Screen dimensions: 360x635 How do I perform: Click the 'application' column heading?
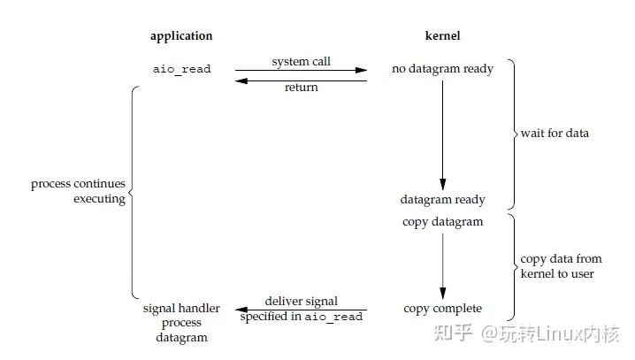pyautogui.click(x=181, y=36)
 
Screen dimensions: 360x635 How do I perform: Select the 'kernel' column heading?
pyautogui.click(x=442, y=36)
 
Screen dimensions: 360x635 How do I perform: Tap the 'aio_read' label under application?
pyautogui.click(x=181, y=68)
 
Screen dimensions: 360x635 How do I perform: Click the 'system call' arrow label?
pyautogui.click(x=301, y=62)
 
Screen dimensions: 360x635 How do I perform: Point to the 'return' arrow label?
pyautogui.click(x=301, y=88)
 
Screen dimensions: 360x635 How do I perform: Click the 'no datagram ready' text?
pyautogui.click(x=443, y=68)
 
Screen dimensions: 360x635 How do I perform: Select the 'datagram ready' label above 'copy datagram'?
pyautogui.click(x=442, y=200)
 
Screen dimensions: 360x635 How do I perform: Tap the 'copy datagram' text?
pyautogui.click(x=442, y=221)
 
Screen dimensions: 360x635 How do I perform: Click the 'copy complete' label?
pyautogui.click(x=442, y=308)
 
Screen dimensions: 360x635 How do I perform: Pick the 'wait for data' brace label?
pyautogui.click(x=555, y=134)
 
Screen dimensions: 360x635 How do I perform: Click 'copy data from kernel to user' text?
pyautogui.click(x=561, y=266)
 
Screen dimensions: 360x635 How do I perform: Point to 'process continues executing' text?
pyautogui.click(x=78, y=192)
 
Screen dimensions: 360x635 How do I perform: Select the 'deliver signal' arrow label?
pyautogui.click(x=301, y=302)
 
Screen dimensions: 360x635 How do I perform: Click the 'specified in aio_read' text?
pyautogui.click(x=301, y=317)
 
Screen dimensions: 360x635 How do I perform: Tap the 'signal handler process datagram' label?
pyautogui.click(x=175, y=323)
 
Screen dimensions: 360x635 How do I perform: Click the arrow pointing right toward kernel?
pyautogui.click(x=301, y=71)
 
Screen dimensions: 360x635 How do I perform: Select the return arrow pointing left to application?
pyautogui.click(x=301, y=80)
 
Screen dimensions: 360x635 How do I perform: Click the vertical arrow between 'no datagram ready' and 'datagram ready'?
pyautogui.click(x=442, y=133)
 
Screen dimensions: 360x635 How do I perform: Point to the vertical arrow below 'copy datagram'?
pyautogui.click(x=442, y=264)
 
